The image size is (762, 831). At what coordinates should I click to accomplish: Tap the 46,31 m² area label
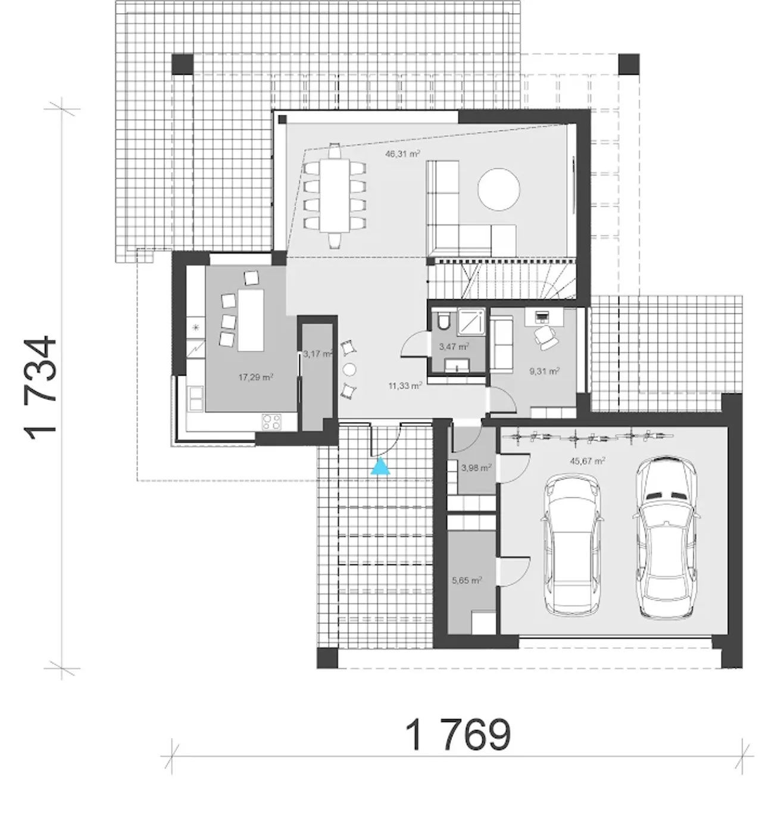(x=402, y=154)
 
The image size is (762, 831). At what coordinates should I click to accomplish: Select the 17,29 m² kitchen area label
(x=255, y=377)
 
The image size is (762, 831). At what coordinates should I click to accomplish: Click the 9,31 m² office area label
(x=544, y=371)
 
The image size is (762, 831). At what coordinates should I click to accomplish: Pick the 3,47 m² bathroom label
(x=454, y=346)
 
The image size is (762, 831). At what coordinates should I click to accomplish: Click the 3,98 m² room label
(x=476, y=468)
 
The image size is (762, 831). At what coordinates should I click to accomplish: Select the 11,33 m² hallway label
(x=405, y=386)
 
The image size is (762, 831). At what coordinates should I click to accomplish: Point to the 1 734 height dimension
(x=40, y=389)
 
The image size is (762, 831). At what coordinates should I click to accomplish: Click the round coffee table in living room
(x=498, y=189)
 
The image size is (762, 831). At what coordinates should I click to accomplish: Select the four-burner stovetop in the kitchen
(x=271, y=421)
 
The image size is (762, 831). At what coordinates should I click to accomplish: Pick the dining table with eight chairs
(x=335, y=195)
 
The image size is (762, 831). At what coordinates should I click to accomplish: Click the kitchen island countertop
(x=251, y=320)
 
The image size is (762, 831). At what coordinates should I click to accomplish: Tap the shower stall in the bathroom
(x=471, y=322)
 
